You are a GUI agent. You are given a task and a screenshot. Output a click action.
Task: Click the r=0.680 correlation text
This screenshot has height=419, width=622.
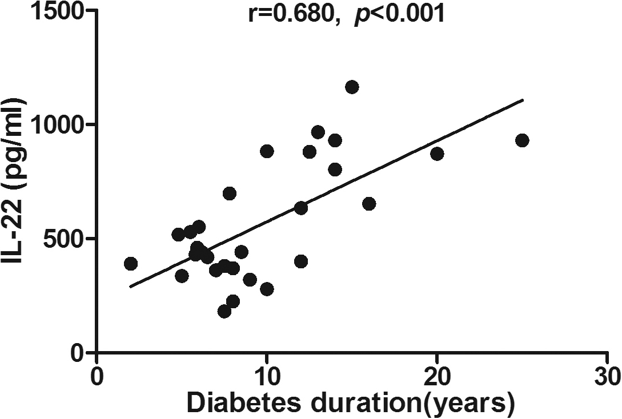[290, 14]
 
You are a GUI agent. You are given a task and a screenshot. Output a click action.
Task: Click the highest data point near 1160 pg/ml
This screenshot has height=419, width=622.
[352, 87]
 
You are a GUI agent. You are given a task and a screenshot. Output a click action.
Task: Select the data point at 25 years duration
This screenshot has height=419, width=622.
[521, 140]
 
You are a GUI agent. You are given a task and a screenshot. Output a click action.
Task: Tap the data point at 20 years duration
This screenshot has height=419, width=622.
[437, 154]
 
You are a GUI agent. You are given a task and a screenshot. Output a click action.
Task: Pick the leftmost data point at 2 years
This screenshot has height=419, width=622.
[131, 263]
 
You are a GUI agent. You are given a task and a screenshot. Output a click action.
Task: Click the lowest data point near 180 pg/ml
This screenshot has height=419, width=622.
[224, 311]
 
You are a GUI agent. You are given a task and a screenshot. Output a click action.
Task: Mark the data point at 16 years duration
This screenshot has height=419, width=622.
[369, 204]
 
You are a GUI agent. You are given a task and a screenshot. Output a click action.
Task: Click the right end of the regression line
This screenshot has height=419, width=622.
[523, 99]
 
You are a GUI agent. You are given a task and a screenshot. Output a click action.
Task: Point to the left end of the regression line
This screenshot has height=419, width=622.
[130, 287]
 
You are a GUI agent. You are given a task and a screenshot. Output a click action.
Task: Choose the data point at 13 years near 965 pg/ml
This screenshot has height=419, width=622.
[318, 132]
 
